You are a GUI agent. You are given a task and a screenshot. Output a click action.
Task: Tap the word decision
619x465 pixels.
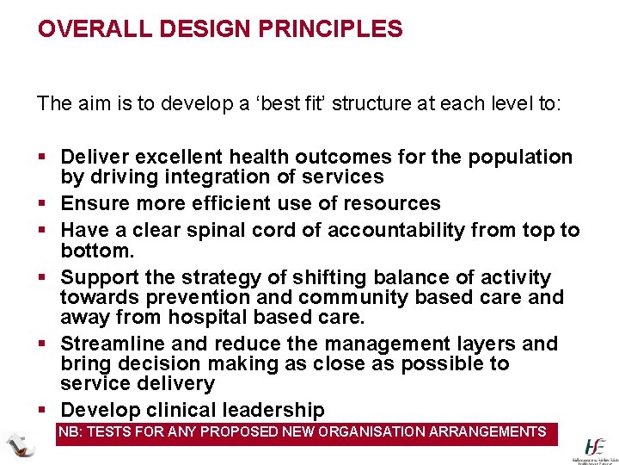(x=156, y=363)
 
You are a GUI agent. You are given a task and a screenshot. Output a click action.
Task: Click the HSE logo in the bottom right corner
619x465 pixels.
(x=595, y=447)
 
